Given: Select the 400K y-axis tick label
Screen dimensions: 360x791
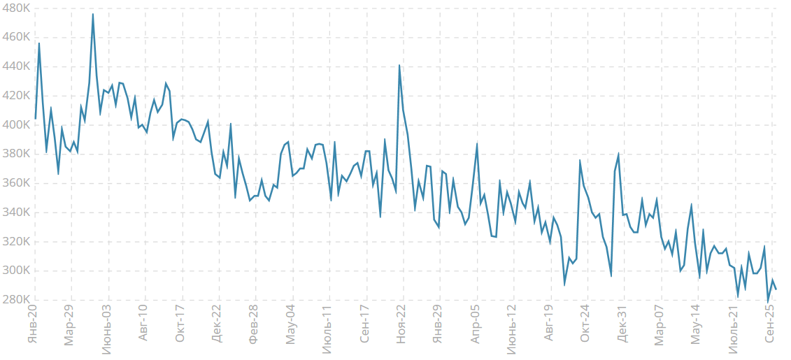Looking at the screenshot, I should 15,124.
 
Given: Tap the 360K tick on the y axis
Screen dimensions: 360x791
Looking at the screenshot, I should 15,183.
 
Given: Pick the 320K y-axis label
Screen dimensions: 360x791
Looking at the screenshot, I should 15,242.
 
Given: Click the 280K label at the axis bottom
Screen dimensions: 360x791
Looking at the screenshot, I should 15,300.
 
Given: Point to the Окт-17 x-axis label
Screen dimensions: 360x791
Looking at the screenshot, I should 180,325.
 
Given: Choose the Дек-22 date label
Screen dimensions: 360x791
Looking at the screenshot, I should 217,325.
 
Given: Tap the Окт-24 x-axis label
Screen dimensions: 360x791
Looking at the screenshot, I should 586,325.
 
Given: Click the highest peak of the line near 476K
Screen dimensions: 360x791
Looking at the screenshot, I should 92,14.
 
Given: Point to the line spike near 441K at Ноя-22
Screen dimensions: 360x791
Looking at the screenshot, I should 399,65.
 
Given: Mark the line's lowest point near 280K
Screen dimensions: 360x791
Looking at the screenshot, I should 768,301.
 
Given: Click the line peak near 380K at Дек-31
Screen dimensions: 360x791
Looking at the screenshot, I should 619,154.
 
